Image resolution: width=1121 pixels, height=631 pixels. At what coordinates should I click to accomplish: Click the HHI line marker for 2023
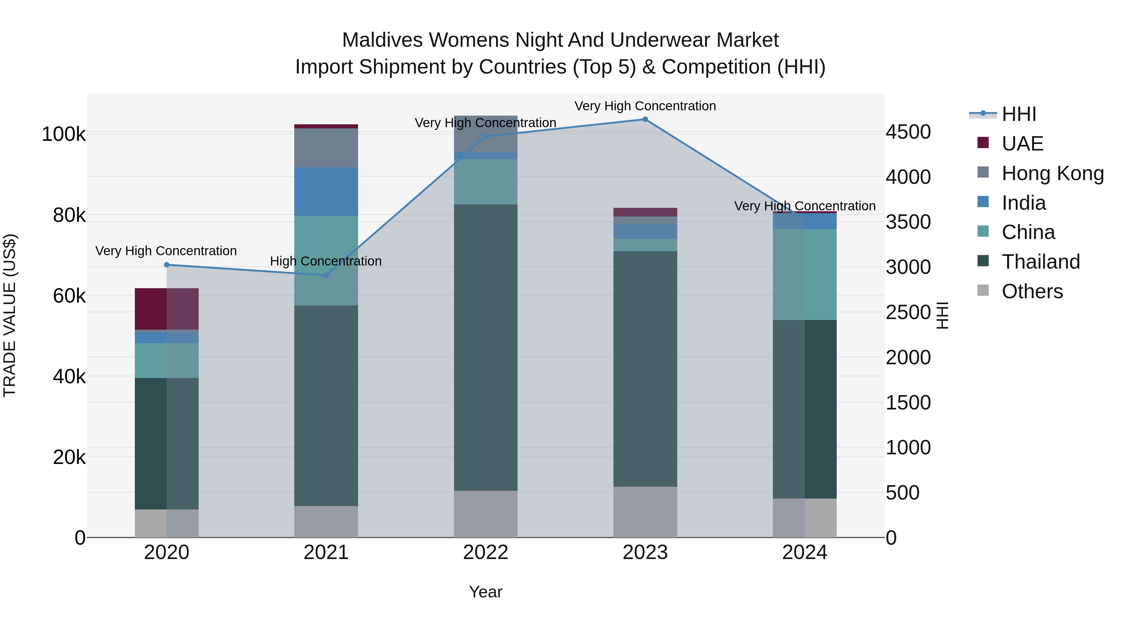[645, 119]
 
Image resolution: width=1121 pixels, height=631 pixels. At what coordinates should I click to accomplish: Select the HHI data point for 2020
[167, 265]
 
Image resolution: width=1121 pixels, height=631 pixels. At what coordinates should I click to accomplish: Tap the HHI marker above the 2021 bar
[326, 275]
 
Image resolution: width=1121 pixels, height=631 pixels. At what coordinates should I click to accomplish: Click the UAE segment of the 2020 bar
[167, 309]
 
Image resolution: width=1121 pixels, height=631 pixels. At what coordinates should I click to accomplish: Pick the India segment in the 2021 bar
[326, 192]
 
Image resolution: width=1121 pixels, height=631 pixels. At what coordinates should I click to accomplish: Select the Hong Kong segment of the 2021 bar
[326, 148]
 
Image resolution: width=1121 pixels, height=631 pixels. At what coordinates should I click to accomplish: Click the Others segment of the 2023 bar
[645, 512]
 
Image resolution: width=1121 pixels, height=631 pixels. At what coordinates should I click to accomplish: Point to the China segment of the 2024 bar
[804, 274]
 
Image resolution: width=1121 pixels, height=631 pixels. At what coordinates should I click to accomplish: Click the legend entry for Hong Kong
[1052, 173]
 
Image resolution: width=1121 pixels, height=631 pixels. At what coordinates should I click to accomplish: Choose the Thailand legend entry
[1040, 262]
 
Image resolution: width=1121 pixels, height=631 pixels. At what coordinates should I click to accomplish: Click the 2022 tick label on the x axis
[486, 552]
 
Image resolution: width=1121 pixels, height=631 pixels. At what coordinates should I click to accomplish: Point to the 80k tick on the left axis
[69, 215]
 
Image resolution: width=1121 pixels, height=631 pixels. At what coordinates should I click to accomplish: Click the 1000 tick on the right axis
[908, 448]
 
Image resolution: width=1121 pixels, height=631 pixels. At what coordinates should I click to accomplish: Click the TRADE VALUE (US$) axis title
[10, 315]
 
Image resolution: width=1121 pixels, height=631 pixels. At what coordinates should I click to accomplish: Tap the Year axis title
[486, 592]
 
